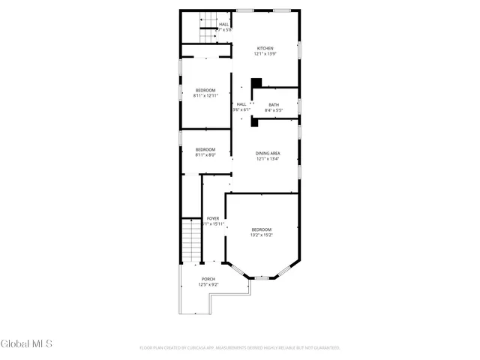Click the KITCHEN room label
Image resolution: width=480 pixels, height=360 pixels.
265,49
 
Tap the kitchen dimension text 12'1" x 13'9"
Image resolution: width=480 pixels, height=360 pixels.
265,54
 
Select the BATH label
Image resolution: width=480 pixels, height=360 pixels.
274,104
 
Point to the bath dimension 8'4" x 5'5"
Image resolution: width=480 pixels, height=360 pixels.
274,110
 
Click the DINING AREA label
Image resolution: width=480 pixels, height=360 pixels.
268,153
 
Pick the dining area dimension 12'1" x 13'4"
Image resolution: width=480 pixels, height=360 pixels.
268,158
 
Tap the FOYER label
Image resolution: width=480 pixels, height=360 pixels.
213,218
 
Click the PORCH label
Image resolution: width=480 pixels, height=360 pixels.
208,279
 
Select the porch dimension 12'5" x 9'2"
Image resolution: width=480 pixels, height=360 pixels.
208,285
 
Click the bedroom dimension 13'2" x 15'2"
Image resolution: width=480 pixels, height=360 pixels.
261,235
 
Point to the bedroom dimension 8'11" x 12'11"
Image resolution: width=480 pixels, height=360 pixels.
205,96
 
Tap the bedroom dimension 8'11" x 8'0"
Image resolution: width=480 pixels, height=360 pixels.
205,155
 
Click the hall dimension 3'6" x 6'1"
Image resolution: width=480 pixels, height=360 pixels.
241,110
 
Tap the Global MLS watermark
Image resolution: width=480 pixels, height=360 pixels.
27,344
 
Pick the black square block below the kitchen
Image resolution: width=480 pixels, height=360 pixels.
256,82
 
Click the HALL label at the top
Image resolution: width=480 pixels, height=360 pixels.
223,25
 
